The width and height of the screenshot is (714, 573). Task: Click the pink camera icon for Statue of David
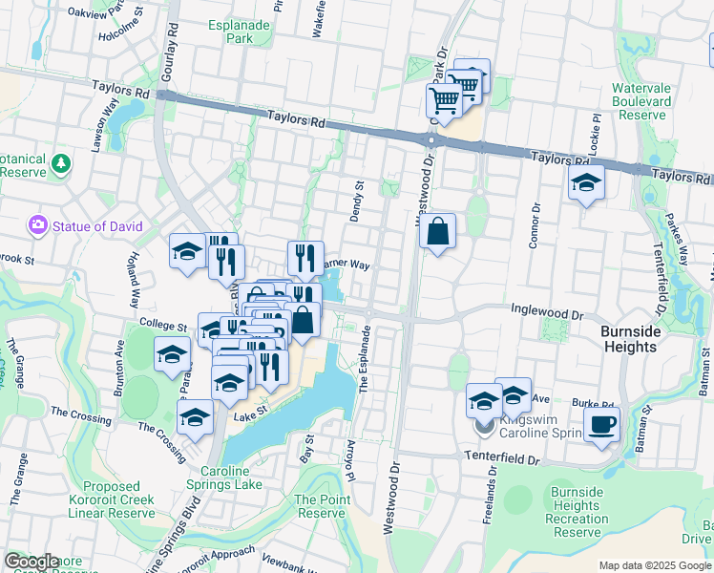coord(38,225)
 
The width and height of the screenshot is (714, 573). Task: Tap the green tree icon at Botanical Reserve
coord(61,163)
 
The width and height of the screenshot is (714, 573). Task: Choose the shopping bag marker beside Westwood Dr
coord(437,232)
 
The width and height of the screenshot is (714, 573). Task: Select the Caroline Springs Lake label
coord(231,477)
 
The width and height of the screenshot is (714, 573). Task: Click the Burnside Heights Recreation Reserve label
coord(577,512)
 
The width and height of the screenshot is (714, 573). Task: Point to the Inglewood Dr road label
coord(546,312)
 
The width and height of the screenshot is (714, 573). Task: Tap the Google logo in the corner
coord(32,562)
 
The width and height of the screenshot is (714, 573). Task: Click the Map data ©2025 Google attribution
coord(655,565)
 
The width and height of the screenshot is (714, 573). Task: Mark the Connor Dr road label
coord(535,224)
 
